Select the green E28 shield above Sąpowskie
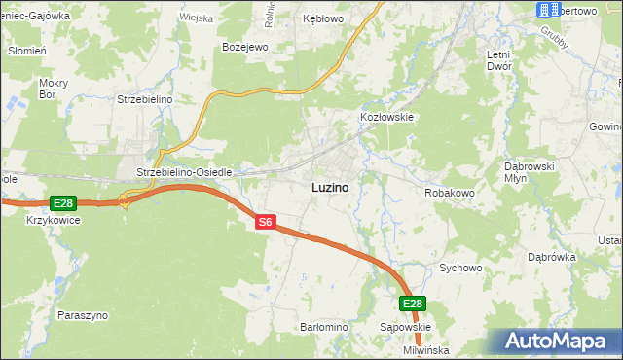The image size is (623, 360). [x=413, y=304]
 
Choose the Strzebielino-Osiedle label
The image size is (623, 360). [x=184, y=172]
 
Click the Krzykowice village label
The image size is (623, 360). [x=54, y=220]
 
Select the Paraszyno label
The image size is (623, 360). [x=83, y=315]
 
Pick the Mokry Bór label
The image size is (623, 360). [x=53, y=90]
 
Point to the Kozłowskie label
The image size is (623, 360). [x=387, y=117]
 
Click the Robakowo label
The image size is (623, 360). [x=449, y=193]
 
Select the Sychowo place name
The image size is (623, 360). [x=461, y=267]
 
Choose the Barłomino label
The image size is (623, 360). [x=324, y=327]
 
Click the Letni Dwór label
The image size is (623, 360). [x=505, y=60]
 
